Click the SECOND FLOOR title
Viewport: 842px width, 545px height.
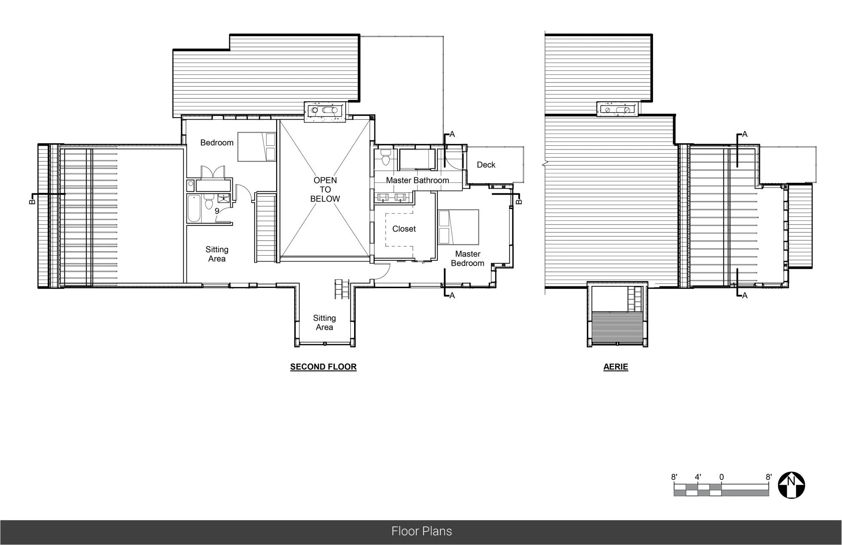click(x=323, y=367)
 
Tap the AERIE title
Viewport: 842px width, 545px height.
click(x=616, y=367)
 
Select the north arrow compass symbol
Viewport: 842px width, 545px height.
click(x=791, y=485)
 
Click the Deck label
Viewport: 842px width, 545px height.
click(x=486, y=165)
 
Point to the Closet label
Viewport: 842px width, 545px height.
click(x=404, y=229)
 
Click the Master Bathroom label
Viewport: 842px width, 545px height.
click(x=417, y=180)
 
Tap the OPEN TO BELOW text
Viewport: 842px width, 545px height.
click(x=325, y=190)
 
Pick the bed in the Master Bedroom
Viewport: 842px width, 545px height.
click(x=458, y=227)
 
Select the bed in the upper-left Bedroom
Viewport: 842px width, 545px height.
click(x=257, y=147)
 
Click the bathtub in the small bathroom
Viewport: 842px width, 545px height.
click(x=195, y=208)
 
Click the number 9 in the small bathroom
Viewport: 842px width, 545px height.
click(x=217, y=211)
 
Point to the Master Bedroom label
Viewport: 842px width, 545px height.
click(x=467, y=259)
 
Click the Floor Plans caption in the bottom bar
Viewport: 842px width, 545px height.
click(x=421, y=531)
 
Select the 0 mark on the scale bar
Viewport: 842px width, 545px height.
click(x=722, y=477)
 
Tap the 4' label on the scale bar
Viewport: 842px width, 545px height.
click(x=698, y=477)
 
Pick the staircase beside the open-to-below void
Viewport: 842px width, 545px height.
click(x=265, y=227)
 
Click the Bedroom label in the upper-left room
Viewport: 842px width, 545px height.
click(x=217, y=143)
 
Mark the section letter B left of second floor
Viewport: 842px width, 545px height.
click(x=32, y=201)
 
